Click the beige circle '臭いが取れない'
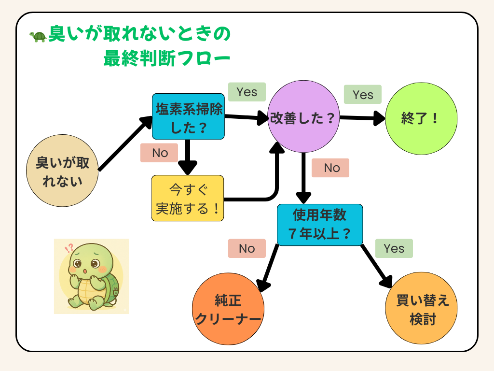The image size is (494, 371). tap(62, 171)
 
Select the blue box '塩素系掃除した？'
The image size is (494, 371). tap(188, 116)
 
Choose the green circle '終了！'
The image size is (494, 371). tap(421, 119)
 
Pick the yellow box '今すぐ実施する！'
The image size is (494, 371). tap(188, 198)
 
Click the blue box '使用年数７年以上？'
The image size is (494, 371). tap(319, 225)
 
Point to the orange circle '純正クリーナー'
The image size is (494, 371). tap(228, 310)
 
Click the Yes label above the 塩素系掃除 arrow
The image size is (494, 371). tap(247, 92)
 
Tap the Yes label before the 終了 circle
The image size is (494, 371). tap(362, 95)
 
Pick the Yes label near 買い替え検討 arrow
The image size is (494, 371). tap(394, 248)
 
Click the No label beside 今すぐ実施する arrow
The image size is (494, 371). tap(160, 153)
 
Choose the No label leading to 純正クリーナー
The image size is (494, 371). tap(247, 248)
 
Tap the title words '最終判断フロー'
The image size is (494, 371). tap(166, 59)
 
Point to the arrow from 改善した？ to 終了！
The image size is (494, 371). tap(362, 118)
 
